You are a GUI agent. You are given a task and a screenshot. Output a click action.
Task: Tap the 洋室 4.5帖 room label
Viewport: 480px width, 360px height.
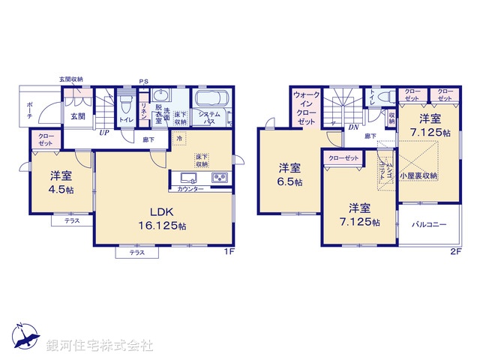[x=61, y=182]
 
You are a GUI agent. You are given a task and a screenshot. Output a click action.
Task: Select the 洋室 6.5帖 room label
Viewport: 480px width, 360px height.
[x=290, y=173]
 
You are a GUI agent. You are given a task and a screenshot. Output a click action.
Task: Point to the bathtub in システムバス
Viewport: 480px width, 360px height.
[x=213, y=100]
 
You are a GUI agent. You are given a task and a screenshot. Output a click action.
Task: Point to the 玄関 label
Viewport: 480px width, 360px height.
[x=78, y=116]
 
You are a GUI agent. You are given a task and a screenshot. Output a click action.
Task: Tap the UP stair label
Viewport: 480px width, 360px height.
[x=105, y=133]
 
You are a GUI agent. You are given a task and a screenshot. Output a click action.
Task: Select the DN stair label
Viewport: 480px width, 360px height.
[x=352, y=127]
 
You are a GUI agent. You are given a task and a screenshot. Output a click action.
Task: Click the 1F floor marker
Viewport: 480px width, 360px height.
[x=232, y=251]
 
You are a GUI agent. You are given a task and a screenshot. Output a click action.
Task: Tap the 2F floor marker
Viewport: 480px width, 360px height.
[x=455, y=251]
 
